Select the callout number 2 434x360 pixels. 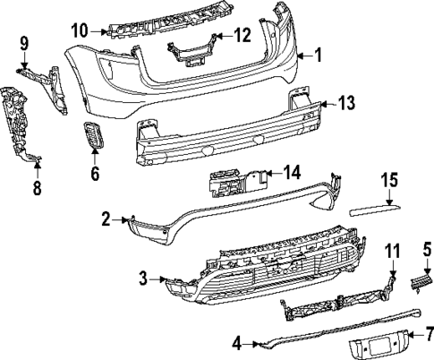pyautogui.click(x=106, y=219)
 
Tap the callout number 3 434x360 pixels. pyautogui.click(x=143, y=279)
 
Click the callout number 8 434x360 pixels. pyautogui.click(x=37, y=188)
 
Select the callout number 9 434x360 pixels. pyautogui.click(x=24, y=42)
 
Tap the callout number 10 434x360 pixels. pyautogui.click(x=81, y=30)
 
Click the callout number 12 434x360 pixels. pyautogui.click(x=243, y=36)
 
